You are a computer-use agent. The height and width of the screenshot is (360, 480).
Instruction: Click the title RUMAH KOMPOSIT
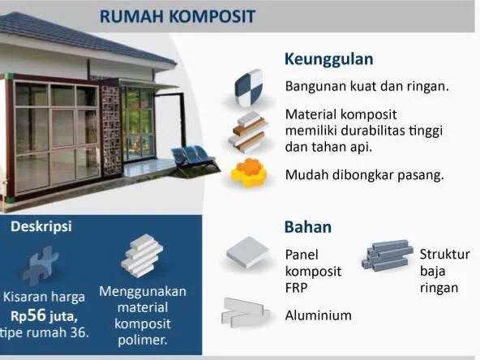pyautogui.click(x=178, y=16)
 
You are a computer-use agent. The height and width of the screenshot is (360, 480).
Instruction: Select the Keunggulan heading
pyautogui.click(x=328, y=59)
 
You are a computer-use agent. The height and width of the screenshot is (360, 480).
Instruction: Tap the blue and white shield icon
pyautogui.click(x=249, y=88)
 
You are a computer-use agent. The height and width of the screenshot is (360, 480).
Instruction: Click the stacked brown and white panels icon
pyautogui.click(x=248, y=131)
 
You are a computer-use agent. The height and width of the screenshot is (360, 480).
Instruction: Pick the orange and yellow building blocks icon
pyautogui.click(x=249, y=173)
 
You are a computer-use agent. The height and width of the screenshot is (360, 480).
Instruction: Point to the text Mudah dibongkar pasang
pyautogui.click(x=364, y=175)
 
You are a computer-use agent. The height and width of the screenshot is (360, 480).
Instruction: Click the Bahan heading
pyautogui.click(x=307, y=227)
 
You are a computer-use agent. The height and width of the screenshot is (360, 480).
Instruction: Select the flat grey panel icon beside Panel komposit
pyautogui.click(x=248, y=252)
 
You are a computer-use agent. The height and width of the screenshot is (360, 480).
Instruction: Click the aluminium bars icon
pyautogui.click(x=246, y=312)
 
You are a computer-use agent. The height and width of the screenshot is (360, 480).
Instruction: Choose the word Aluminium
pyautogui.click(x=319, y=315)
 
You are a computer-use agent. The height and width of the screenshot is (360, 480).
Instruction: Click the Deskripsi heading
pyautogui.click(x=41, y=226)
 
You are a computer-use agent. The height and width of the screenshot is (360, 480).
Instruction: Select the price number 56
pyautogui.click(x=37, y=315)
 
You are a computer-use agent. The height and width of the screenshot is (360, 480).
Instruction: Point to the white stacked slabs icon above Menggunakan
pyautogui.click(x=142, y=256)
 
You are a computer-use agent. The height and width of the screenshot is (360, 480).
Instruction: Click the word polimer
pyautogui.click(x=143, y=341)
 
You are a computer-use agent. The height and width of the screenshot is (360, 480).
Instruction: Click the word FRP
pyautogui.click(x=296, y=288)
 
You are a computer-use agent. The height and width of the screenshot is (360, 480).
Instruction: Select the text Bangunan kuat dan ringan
pyautogui.click(x=367, y=86)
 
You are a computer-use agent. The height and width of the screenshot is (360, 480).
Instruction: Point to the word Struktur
pyautogui.click(x=445, y=255)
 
